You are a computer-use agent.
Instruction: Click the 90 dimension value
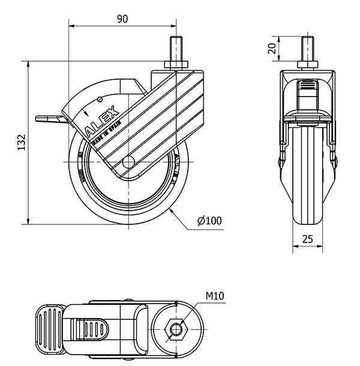[x=122, y=19]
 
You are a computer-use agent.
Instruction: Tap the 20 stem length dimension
[x=273, y=49]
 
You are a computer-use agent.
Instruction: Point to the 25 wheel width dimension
[x=308, y=239]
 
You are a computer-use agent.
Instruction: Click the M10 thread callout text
[x=216, y=296]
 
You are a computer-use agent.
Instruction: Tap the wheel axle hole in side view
[x=127, y=163]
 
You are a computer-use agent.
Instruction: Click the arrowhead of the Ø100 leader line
[x=172, y=210]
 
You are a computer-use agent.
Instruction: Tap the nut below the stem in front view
[x=308, y=64]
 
